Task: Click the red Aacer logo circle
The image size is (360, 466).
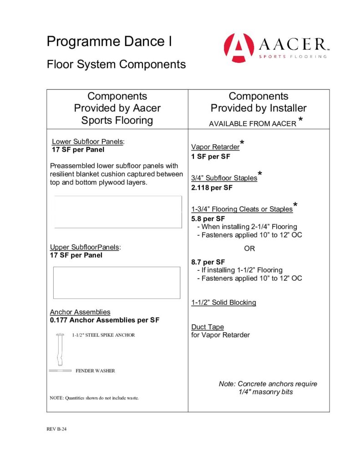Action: (239, 48)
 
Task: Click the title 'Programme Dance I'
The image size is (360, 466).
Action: (109, 42)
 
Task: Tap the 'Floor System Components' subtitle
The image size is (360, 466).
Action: (116, 64)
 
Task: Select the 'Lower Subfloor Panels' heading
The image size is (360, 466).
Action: (87, 142)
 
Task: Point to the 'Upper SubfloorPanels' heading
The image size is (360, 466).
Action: (85, 247)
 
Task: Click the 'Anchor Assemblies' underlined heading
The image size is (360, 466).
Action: (80, 312)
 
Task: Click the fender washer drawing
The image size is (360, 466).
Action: (60, 371)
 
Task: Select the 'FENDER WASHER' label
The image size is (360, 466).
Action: (95, 371)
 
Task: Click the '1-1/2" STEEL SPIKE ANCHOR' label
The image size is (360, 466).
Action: (103, 335)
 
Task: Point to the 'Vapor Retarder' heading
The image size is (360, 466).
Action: (215, 147)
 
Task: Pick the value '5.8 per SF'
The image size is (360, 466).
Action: (208, 218)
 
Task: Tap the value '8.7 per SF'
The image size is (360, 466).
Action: (208, 262)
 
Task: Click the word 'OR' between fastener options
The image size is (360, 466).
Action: (249, 249)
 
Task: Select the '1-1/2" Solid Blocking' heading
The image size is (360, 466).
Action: (223, 303)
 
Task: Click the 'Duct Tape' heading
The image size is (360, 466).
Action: (208, 327)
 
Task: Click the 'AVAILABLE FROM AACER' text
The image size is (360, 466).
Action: (252, 124)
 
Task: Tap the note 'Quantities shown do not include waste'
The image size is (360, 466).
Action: (94, 398)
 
